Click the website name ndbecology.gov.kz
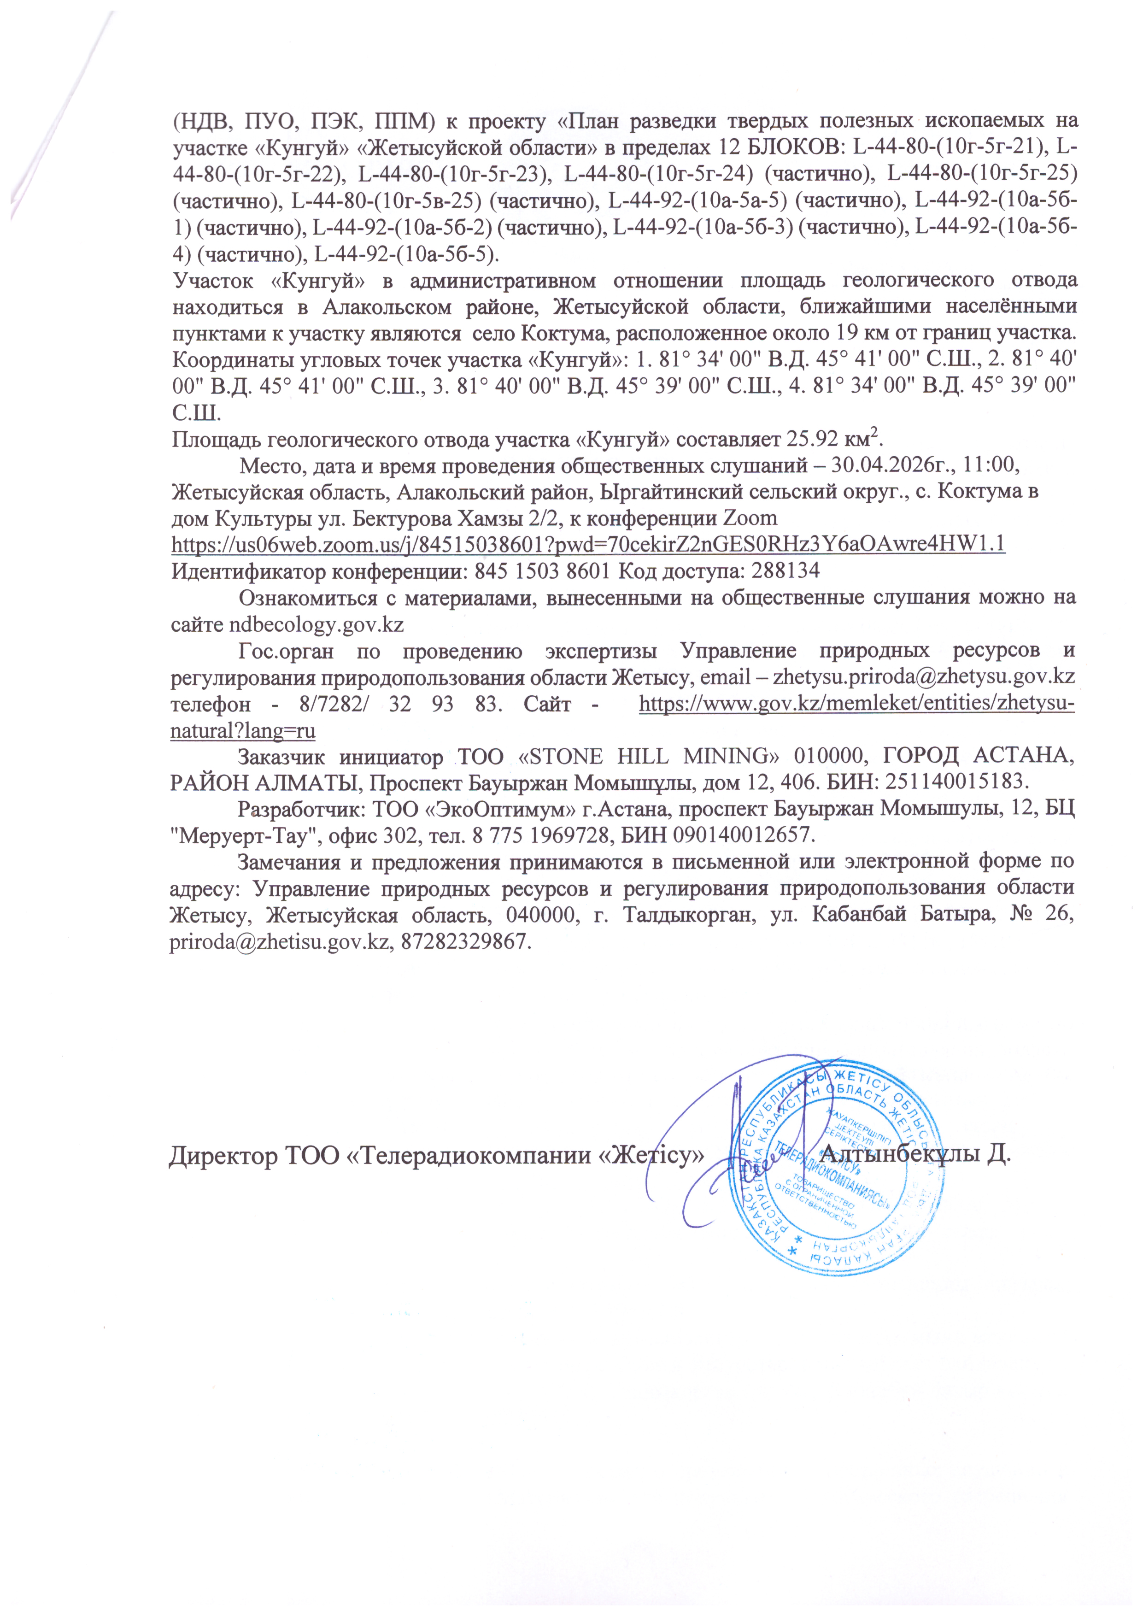pos(317,624)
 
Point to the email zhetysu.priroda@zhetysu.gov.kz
pos(923,677)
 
